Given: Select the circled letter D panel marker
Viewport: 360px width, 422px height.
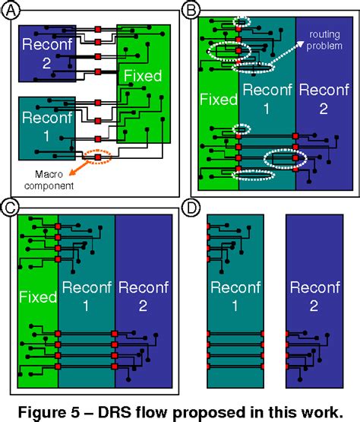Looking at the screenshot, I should (194, 207).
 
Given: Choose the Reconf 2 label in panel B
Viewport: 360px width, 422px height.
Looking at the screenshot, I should (322, 98).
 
